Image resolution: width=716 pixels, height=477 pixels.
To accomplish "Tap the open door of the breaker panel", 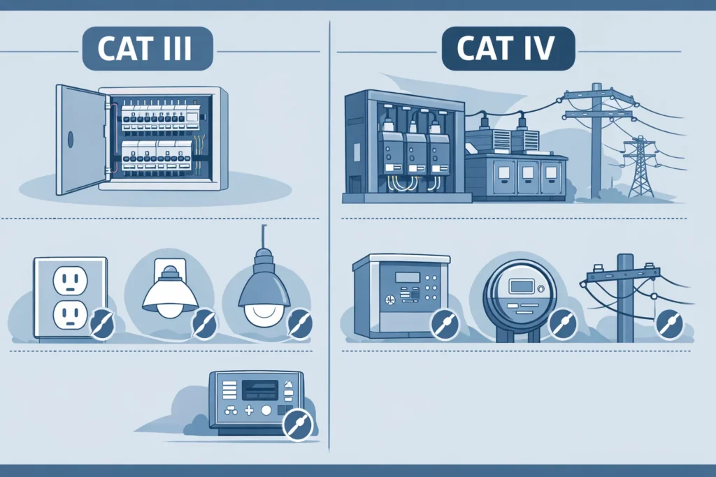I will (x=80, y=139).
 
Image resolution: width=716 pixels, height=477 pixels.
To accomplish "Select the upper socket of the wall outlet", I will (x=70, y=281).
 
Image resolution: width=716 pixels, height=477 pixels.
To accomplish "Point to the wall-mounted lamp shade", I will (x=170, y=295).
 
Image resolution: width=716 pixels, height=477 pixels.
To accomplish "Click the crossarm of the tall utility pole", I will (x=598, y=98).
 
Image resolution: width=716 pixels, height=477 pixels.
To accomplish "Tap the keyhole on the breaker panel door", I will (x=70, y=140).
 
